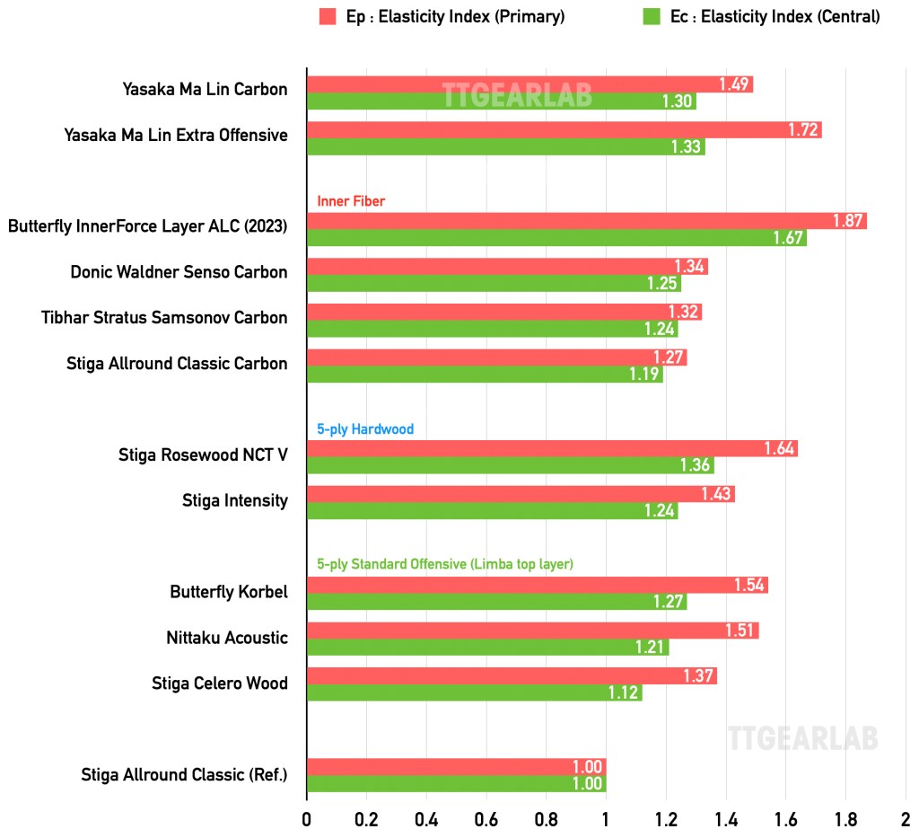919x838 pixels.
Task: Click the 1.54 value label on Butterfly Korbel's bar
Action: point(748,586)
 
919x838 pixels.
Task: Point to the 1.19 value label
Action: point(644,375)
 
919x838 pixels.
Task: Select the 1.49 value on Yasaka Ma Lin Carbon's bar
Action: point(733,84)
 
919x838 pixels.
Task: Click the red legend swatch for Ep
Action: point(327,16)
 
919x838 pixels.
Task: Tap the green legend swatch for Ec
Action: point(652,16)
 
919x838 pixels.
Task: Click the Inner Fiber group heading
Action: point(351,201)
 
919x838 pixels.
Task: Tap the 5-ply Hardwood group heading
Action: point(365,429)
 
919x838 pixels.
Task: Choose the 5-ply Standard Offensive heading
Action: point(445,564)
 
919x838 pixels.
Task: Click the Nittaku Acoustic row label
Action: point(227,639)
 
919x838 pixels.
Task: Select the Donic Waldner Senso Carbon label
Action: point(179,272)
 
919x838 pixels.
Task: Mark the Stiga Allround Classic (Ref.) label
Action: point(184,774)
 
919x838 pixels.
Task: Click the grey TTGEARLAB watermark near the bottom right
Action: point(802,738)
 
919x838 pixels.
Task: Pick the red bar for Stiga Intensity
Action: point(521,494)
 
